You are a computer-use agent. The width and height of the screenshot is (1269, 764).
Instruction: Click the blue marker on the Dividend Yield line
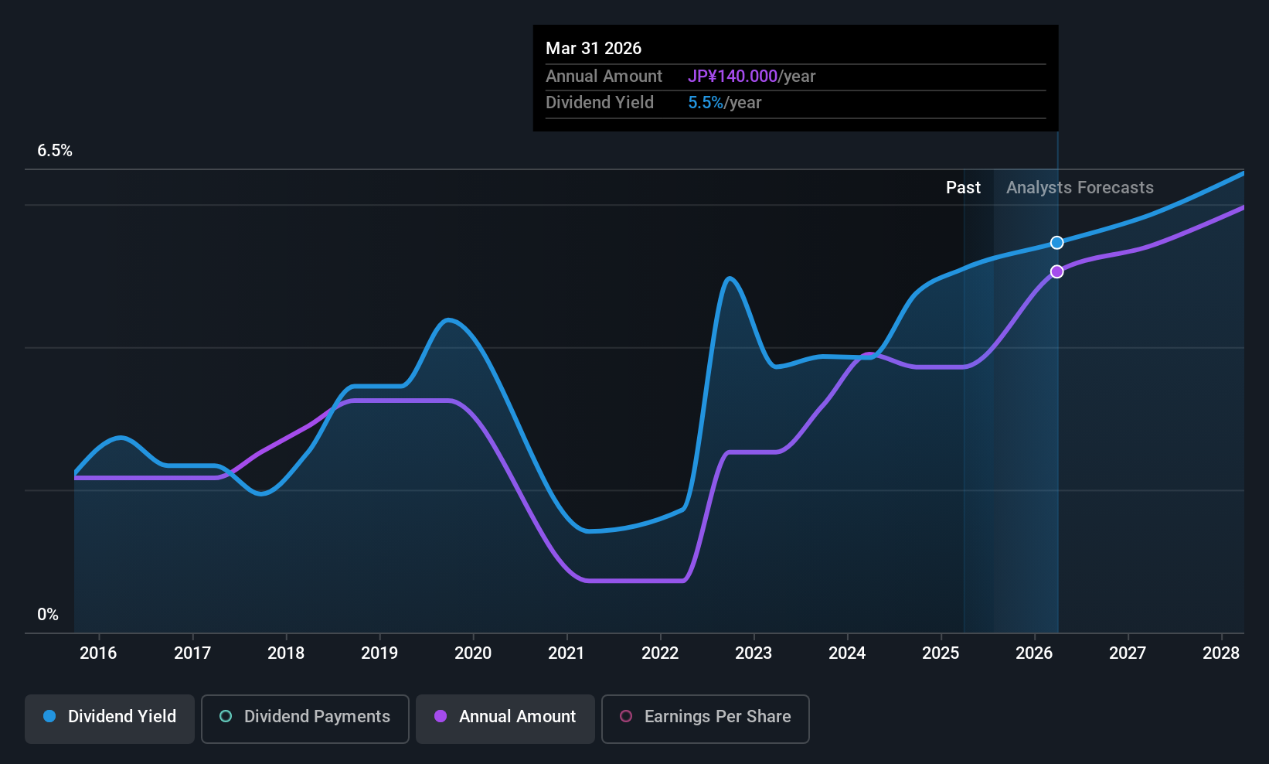click(x=1056, y=243)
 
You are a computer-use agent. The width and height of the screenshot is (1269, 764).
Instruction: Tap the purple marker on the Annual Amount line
click(x=1056, y=271)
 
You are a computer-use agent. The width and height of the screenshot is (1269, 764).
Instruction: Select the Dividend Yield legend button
click(x=110, y=717)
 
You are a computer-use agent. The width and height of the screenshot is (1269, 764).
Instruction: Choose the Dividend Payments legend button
click(x=304, y=717)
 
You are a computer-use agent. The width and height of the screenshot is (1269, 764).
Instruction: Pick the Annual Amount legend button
click(x=505, y=717)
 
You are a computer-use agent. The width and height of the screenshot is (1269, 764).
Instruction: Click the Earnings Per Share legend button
click(x=705, y=717)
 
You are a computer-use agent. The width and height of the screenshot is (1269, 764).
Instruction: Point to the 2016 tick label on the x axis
click(x=98, y=653)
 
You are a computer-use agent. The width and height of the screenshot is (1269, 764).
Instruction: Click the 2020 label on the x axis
click(x=473, y=653)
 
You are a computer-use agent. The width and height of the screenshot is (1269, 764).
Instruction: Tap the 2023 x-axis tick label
click(x=754, y=653)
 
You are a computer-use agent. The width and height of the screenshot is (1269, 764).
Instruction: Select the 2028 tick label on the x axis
click(x=1221, y=653)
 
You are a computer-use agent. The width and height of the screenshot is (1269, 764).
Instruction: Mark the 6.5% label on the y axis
click(x=55, y=151)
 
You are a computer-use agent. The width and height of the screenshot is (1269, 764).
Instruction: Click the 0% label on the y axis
click(x=48, y=615)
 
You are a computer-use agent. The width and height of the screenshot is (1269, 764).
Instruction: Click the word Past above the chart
click(x=963, y=188)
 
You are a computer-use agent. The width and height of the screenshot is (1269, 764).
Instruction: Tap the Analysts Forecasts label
click(x=1080, y=188)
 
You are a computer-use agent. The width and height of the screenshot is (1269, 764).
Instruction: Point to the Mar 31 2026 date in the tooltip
click(x=594, y=49)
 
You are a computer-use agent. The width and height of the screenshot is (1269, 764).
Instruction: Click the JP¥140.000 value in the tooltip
click(x=733, y=77)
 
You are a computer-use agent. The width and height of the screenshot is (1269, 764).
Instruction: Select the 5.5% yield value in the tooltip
click(x=706, y=103)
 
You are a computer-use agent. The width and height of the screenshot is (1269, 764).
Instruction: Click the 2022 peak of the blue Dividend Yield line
click(x=730, y=278)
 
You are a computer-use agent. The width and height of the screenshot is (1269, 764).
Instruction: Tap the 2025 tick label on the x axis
click(x=941, y=653)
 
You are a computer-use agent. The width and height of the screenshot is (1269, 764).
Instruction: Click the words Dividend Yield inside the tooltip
click(x=600, y=103)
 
